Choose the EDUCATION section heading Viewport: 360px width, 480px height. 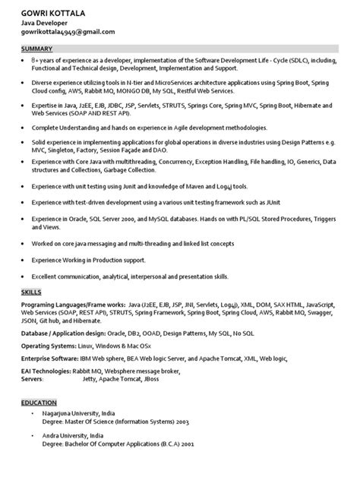click(39, 404)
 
